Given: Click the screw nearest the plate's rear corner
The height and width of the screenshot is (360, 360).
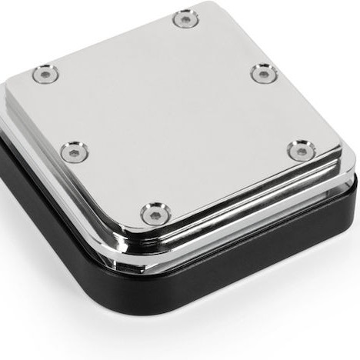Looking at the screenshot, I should (x=185, y=18).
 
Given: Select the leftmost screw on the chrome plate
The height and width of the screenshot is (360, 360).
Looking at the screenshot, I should (x=43, y=75).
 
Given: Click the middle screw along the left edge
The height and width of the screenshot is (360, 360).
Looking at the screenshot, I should (x=75, y=151).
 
